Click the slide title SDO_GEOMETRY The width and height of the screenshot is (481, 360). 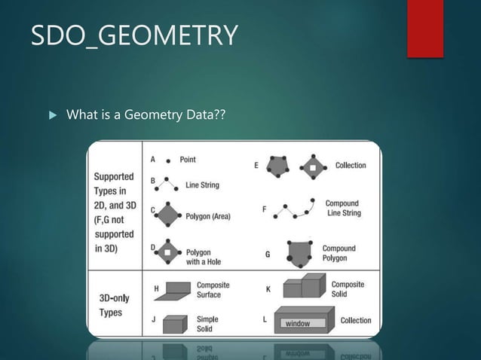pos(134,36)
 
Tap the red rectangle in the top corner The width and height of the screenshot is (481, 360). pos(424,28)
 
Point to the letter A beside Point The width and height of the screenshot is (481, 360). pos(153,160)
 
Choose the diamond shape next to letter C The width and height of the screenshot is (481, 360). pos(168,215)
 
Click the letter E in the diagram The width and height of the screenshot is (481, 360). pos(257,165)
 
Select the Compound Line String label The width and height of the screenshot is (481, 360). pos(343,208)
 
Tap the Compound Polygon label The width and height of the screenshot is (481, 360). pos(339,253)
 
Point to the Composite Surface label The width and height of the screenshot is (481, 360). pos(213,290)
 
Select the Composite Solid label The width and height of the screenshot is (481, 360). pos(348,289)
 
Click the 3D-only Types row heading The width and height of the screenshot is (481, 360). pos(115,304)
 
